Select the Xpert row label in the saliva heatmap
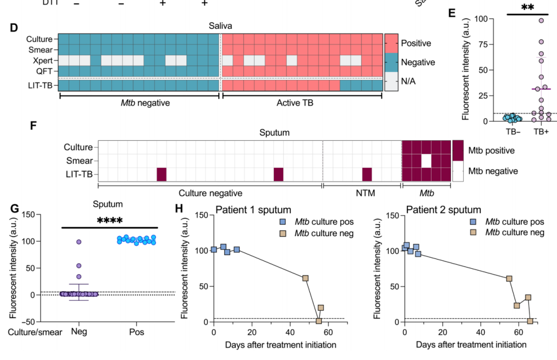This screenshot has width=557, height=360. click(x=44, y=60)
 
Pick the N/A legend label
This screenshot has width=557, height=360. click(x=410, y=80)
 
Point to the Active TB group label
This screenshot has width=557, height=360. click(x=302, y=102)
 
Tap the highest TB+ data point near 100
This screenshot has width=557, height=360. click(x=541, y=21)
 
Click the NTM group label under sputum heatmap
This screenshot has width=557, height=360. click(x=362, y=193)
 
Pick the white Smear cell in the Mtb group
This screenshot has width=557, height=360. click(x=426, y=161)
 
